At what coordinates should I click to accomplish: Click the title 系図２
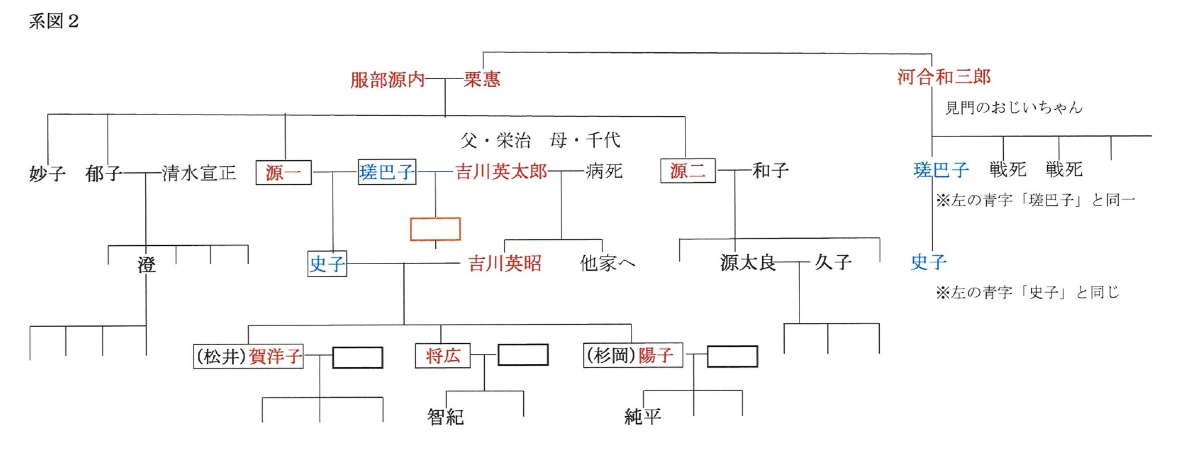tap(53, 21)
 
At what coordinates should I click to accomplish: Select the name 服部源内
tap(387, 80)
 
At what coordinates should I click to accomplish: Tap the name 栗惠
tap(482, 79)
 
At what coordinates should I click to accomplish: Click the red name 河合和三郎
tap(944, 77)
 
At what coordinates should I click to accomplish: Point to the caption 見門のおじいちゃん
tap(1013, 107)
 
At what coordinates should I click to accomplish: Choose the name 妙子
tap(47, 173)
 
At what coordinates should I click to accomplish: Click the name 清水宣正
tap(199, 173)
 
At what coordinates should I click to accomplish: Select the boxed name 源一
tap(283, 173)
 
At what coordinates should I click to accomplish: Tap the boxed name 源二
tap(688, 171)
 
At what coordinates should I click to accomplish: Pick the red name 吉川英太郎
tap(501, 172)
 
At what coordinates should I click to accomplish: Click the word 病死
tap(604, 171)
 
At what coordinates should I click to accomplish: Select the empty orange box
tap(435, 229)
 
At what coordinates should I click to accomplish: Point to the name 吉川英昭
tap(505, 263)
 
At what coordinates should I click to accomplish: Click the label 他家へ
tap(607, 263)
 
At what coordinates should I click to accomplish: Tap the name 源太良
tap(747, 262)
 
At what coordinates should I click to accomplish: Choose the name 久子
tap(833, 261)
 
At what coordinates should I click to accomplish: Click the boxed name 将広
tap(443, 356)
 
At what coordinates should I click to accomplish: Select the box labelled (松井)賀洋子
tap(248, 356)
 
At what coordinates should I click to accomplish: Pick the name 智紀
tap(445, 417)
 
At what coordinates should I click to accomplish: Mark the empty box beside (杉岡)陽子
tap(732, 357)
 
